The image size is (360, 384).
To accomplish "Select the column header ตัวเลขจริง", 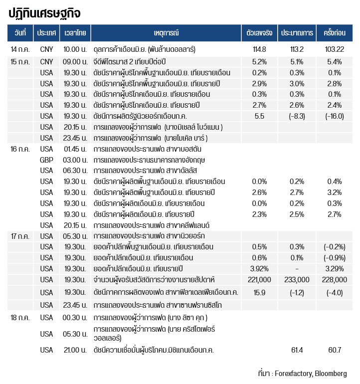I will (x=259, y=33).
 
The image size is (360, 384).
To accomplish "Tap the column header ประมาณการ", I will (x=297, y=33).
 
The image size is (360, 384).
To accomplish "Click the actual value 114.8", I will (x=259, y=49).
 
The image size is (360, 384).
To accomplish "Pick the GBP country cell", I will (x=46, y=160).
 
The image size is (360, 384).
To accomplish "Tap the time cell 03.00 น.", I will (x=75, y=160).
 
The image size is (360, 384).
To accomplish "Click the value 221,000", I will (x=259, y=279).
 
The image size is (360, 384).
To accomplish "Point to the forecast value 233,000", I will (x=297, y=279).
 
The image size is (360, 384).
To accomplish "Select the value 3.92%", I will (x=259, y=268).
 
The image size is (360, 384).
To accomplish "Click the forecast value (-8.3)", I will (x=297, y=116).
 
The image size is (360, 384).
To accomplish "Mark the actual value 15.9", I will (x=259, y=292).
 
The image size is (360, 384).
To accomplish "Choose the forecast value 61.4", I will (x=297, y=350).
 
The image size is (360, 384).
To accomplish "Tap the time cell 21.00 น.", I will (x=75, y=350).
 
